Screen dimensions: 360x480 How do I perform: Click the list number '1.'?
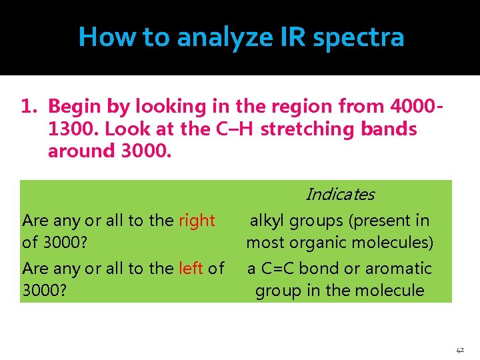pos(29,106)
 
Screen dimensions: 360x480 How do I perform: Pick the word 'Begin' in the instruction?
pos(74,106)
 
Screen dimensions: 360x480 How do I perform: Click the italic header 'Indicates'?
pos(339,195)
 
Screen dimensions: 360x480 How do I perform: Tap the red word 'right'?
pos(197,221)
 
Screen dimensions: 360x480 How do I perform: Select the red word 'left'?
pos(191,269)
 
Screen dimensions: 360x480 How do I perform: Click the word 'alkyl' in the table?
pos(269,221)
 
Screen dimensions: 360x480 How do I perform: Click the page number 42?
pos(460,349)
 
